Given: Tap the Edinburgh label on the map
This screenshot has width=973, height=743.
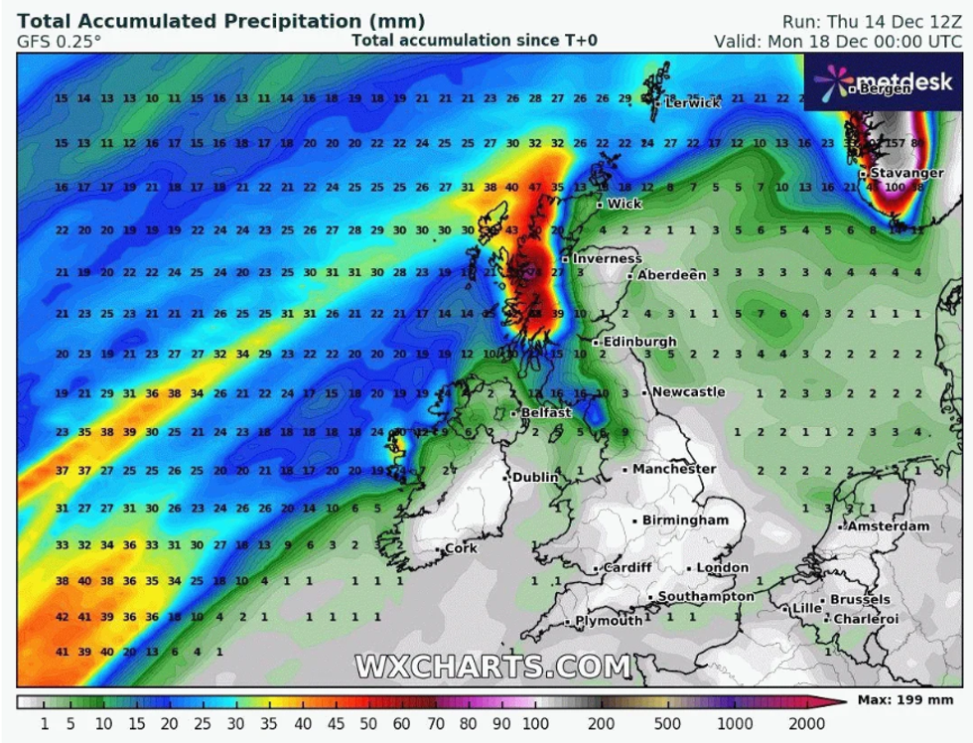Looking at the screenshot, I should (639, 342).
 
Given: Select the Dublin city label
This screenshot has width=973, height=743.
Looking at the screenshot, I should (536, 478).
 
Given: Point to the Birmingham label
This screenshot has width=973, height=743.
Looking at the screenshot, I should (685, 520).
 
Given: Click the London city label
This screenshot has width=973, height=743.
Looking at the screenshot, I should (722, 567).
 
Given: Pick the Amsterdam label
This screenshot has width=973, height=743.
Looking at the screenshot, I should (889, 525).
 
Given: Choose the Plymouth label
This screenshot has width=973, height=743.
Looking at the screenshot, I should (609, 621).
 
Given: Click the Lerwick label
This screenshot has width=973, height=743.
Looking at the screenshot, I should (692, 102).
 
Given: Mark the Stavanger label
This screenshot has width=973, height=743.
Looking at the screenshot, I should (906, 173).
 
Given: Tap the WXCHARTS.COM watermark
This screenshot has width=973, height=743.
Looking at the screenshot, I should (493, 666).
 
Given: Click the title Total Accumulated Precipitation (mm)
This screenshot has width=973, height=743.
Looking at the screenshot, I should (220, 21).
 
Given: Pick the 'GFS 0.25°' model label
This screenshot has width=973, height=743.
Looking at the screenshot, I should (59, 42).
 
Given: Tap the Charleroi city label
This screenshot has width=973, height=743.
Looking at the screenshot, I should (866, 619).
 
